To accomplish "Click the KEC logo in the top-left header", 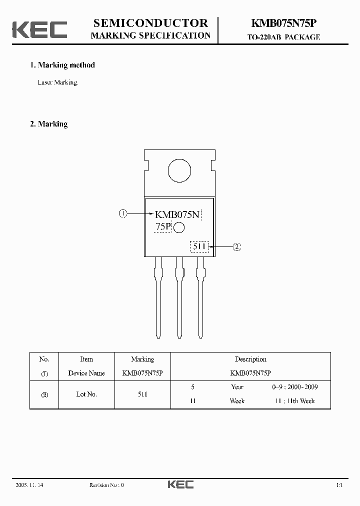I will (40, 29).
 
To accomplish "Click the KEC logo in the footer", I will (180, 484).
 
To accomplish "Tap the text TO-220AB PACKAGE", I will (284, 37).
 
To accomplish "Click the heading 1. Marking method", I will (62, 65).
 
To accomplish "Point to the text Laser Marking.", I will (58, 82).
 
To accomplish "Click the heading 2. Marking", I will (49, 124).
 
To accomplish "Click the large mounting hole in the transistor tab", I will (179, 171).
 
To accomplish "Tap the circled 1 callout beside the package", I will (122, 214).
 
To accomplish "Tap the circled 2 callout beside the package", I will (237, 246).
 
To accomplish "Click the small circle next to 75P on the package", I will (179, 228).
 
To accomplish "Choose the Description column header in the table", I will (250, 359).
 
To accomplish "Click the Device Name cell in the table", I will (86, 373).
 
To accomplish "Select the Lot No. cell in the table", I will (86, 394).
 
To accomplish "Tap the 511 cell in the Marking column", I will (142, 394).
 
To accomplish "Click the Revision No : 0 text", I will (106, 485).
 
